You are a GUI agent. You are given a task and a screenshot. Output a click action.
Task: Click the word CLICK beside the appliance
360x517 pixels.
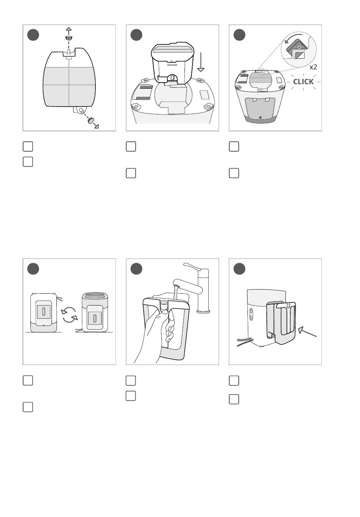(303, 81)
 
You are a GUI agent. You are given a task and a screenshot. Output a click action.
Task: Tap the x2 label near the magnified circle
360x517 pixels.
(313, 67)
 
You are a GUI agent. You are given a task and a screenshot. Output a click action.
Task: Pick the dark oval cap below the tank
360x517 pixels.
(91, 121)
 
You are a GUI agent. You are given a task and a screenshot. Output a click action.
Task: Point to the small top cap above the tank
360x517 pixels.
(69, 38)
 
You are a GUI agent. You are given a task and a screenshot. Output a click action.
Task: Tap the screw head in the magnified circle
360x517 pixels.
(299, 47)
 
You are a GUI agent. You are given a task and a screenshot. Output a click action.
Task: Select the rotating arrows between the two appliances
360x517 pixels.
(69, 315)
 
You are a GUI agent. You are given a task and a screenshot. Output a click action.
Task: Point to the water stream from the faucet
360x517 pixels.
(177, 294)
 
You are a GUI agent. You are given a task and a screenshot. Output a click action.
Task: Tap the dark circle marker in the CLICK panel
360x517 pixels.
(239, 35)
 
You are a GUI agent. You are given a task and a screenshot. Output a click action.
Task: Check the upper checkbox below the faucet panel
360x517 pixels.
(131, 380)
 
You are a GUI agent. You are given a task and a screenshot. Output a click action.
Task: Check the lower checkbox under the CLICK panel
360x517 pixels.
(234, 173)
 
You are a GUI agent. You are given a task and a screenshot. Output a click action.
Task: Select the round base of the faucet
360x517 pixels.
(203, 311)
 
